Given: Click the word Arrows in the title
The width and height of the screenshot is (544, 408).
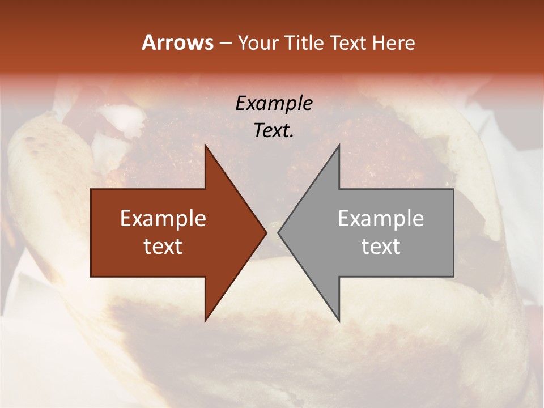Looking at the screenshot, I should [x=177, y=42].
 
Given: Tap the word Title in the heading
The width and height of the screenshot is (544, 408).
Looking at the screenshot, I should [x=303, y=43].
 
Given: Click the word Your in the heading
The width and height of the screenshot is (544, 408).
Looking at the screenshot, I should [x=258, y=43].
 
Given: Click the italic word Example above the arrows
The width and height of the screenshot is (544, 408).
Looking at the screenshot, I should [x=274, y=103].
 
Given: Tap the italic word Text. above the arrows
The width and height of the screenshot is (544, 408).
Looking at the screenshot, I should [x=274, y=131].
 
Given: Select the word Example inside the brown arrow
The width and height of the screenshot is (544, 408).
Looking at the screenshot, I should [x=163, y=218].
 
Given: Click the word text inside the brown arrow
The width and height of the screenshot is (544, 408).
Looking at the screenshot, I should [x=163, y=246].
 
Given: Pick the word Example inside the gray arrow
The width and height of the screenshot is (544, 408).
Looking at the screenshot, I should [x=381, y=218].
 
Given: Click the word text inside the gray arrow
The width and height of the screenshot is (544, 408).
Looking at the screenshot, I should [x=381, y=246].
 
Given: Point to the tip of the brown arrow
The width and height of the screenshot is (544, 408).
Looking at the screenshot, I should [x=266, y=232].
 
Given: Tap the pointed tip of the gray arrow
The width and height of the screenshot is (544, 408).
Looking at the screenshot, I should [x=278, y=232].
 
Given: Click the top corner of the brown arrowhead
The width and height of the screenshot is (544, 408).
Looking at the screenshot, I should [x=205, y=144].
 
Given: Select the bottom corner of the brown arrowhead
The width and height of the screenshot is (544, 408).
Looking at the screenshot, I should [x=205, y=321].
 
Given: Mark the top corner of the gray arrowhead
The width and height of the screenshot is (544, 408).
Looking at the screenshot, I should [x=339, y=144].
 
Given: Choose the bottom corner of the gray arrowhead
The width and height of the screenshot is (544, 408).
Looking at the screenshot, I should [x=339, y=321].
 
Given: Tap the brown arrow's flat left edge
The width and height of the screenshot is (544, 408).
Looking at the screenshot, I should [x=91, y=233].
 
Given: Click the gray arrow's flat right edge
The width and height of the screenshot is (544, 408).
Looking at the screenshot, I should [x=453, y=233].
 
